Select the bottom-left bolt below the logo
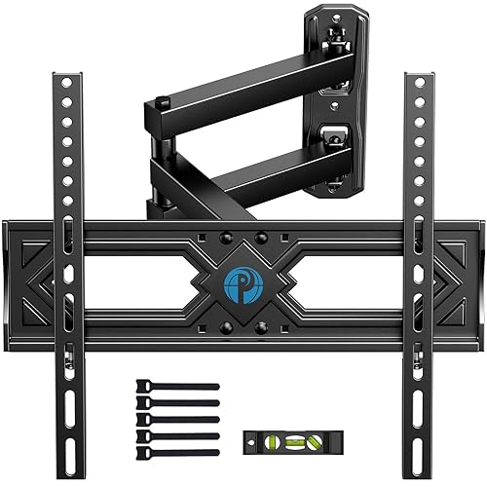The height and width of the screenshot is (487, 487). pos(225,326)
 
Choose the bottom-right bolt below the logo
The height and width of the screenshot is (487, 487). pos(260,326)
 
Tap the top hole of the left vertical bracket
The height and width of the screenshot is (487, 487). pos(64,81)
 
